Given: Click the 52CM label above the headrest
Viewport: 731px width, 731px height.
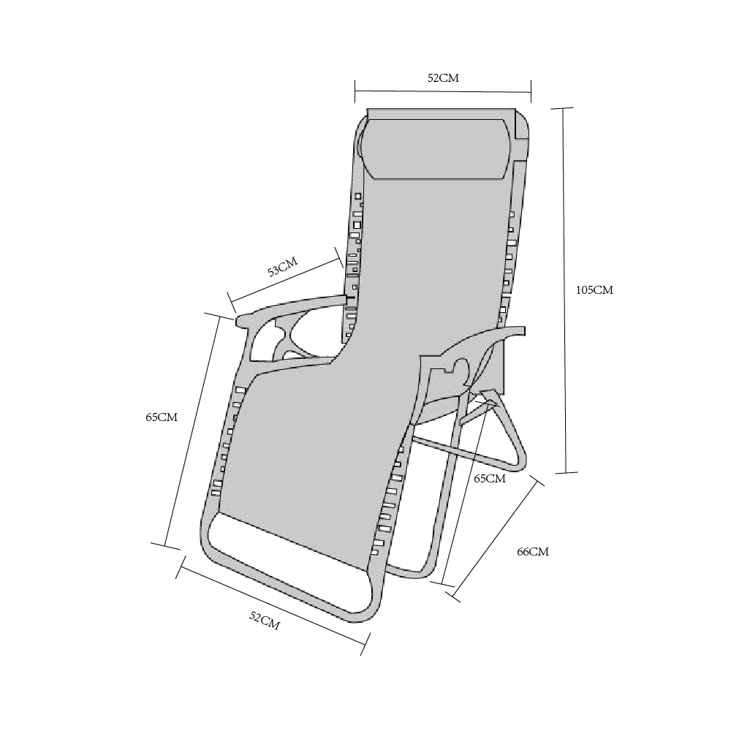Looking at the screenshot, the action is point(444,78).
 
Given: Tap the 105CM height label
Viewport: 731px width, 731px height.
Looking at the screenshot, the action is point(594,290).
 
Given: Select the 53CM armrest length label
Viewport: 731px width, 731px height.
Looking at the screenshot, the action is point(282,266).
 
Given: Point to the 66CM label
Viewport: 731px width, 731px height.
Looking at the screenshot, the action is point(533,551).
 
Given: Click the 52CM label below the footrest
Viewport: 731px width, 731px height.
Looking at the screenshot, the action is point(265,621).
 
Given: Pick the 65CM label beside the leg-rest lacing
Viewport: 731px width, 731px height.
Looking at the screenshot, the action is point(162,417).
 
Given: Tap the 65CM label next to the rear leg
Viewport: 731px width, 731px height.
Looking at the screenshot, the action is point(490,479).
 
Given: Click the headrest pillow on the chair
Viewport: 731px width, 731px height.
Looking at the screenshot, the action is point(439,148).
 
